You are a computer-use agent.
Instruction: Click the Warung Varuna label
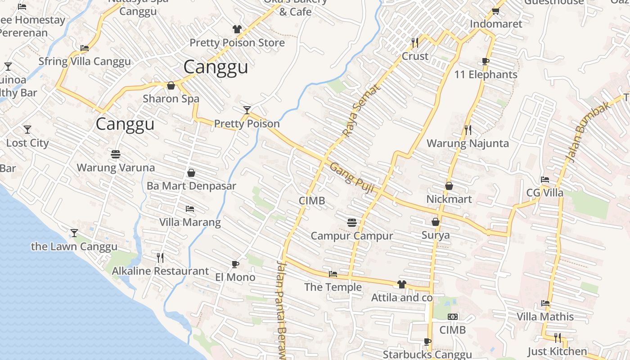tap(116, 168)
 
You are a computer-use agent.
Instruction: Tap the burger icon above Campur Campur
tap(352, 222)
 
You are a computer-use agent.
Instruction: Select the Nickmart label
tap(449, 199)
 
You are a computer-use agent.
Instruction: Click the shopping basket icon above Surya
tap(436, 222)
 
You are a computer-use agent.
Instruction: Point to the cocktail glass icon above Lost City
tap(27, 130)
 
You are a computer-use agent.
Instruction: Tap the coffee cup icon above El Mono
tap(235, 264)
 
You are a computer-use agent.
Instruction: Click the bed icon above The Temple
tap(333, 274)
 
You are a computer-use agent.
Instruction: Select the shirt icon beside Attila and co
tap(401, 284)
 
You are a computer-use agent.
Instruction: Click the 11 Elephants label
tap(486, 75)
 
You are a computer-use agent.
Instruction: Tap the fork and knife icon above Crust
tap(415, 43)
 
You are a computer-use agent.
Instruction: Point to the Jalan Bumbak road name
tap(587, 132)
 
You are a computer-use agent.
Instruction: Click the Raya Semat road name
tap(361, 110)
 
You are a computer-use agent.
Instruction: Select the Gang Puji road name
tap(352, 178)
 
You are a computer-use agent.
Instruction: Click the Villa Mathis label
tap(545, 317)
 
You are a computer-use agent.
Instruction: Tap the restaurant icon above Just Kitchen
tap(558, 337)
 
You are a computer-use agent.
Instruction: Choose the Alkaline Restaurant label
tap(160, 271)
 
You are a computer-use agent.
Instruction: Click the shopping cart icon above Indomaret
tap(495, 11)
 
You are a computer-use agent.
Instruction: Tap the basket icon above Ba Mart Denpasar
tap(191, 173)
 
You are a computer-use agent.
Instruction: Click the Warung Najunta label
tap(468, 144)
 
